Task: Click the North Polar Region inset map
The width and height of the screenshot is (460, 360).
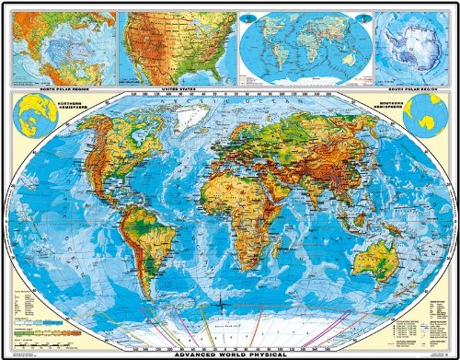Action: [x=60, y=46]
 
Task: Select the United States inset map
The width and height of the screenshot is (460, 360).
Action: [x=177, y=46]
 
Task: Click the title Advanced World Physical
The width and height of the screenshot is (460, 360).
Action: [x=230, y=354]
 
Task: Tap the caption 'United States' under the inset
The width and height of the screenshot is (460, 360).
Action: [x=177, y=87]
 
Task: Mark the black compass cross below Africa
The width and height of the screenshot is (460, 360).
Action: [x=223, y=301]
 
